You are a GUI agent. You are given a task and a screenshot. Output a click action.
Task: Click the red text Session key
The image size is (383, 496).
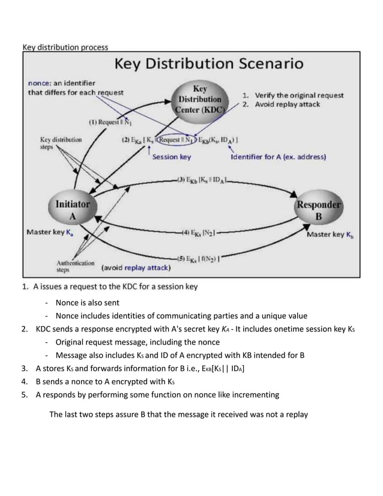coord(171,157)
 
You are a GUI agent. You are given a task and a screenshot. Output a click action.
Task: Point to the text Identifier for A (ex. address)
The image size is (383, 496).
coord(278,157)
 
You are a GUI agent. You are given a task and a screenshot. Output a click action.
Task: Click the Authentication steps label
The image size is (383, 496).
coord(75,265)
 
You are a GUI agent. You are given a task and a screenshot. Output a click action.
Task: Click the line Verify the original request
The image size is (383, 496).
coord(294,95)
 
